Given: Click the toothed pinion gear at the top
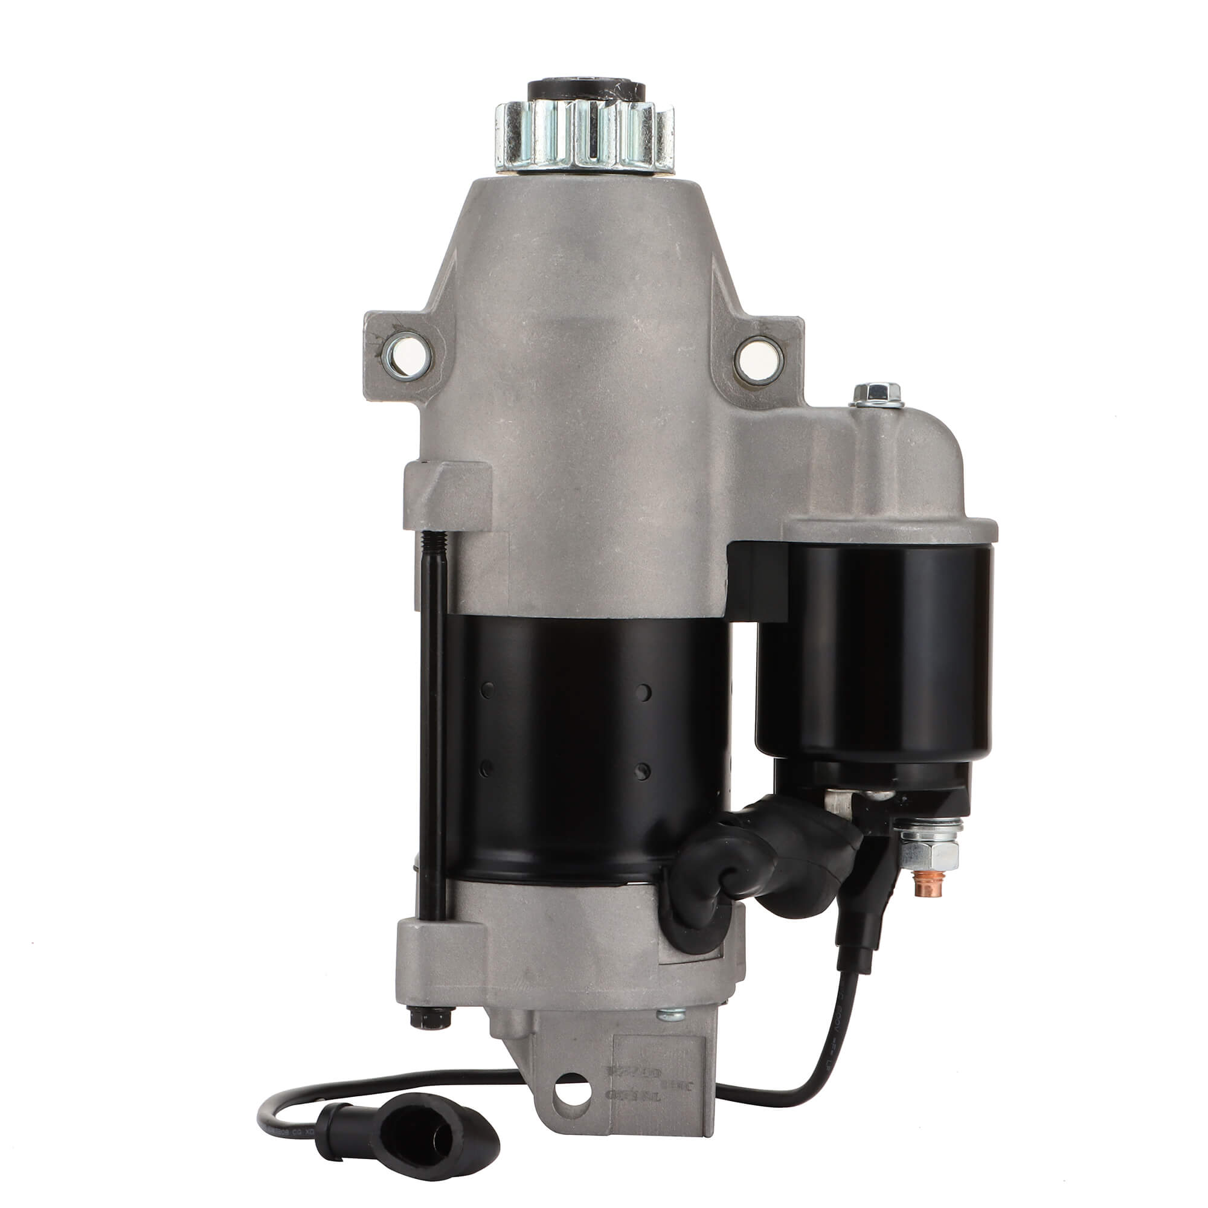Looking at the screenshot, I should [x=585, y=137].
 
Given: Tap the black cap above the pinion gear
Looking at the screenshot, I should [x=586, y=89].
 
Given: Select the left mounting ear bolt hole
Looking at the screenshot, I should [x=406, y=355].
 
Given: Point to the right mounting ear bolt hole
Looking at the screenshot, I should [x=759, y=361].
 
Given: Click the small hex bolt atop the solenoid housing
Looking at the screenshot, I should [x=876, y=394].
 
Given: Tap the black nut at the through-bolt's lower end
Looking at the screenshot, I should [x=430, y=1018].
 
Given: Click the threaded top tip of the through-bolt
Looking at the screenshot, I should [x=434, y=541].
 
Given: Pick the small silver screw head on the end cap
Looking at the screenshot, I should [x=671, y=1014].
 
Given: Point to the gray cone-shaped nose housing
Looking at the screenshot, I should [x=582, y=263].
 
